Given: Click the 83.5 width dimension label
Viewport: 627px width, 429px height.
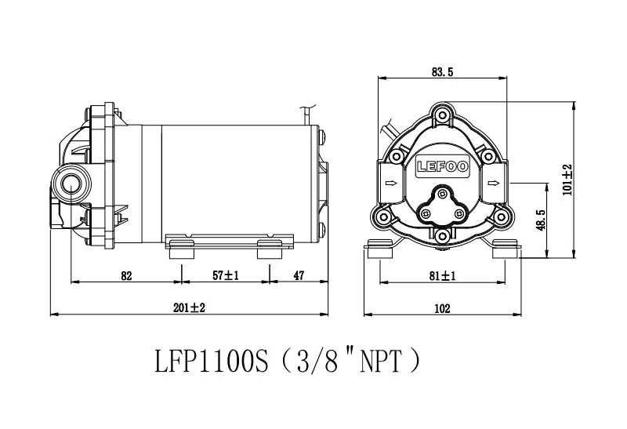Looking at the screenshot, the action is coord(442,72).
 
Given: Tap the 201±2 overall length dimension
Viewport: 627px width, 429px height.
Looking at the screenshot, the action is coord(189,307).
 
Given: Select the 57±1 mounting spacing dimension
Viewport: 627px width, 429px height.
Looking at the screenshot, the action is coord(226,275).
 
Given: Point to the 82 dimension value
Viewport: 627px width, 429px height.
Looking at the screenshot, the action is coord(126,276).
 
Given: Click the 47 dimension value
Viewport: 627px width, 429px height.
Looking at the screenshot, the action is coord(299,275).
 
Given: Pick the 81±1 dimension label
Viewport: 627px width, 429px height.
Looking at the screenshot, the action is coord(442,276).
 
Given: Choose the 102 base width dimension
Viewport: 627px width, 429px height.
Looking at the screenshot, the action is coord(442,308).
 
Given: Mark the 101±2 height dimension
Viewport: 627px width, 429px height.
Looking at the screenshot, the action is coord(567,180).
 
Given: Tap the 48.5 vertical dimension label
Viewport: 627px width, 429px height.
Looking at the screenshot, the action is coord(541,220).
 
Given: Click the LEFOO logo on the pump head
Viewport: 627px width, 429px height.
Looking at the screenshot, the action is coord(442,166).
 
